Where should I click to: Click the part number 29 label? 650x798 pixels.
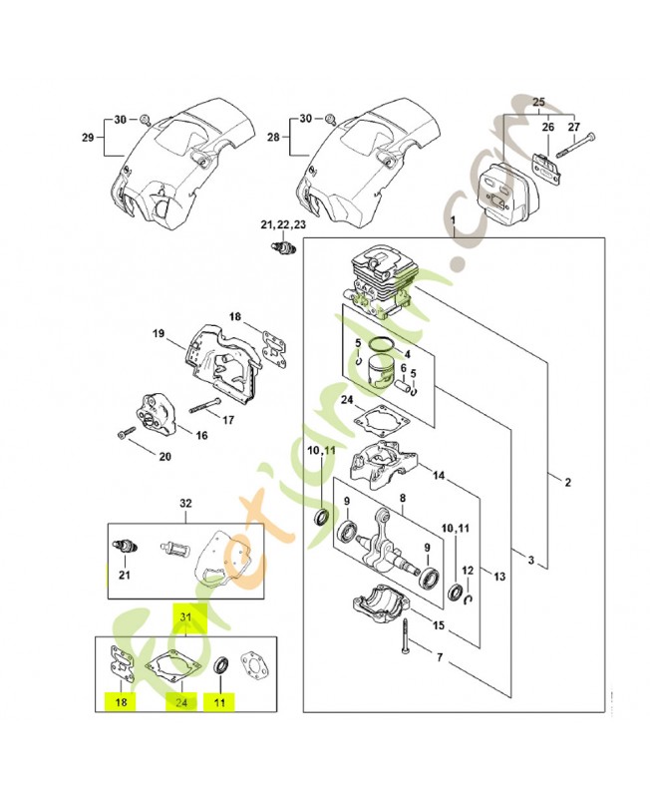pos(88,137)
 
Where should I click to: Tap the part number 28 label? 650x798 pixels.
pos(273,137)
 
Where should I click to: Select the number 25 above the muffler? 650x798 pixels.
pos(538,103)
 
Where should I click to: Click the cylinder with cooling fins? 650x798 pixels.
pos(382,282)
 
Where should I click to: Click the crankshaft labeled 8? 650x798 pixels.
pos(389,548)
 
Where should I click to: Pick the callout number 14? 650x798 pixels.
pos(439,476)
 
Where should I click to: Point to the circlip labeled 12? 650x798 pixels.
pos(470,599)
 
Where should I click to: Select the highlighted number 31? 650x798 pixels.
pos(185,617)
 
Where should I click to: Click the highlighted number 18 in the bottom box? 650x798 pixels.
pos(121,702)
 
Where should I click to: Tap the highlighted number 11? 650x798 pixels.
pos(219,703)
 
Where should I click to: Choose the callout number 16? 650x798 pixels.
pos(202,436)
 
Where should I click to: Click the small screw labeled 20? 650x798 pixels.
pos(124,434)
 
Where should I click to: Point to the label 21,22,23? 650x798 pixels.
pos(283,225)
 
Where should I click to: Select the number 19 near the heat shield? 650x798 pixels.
pos(159,334)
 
